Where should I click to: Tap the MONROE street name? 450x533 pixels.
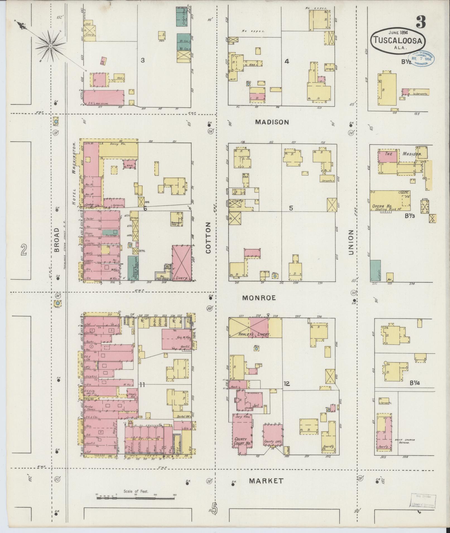coord(259,298)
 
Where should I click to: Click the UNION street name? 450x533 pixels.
coord(351,242)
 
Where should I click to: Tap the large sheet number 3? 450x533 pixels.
coord(421,22)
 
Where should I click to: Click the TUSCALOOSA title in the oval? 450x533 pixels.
coord(398,41)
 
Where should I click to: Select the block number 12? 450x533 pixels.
coord(287,384)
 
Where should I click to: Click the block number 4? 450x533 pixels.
coord(287,61)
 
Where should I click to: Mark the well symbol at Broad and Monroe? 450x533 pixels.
coord(57,303)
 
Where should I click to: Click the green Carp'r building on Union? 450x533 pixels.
coord(375,271)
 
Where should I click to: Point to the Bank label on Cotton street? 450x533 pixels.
coord(234,387)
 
